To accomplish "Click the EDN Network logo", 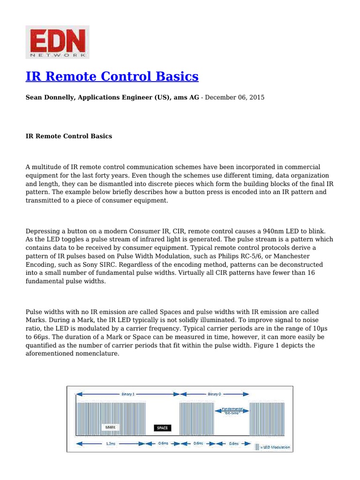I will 57,43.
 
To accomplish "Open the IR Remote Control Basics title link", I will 112,76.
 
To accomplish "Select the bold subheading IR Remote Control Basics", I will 68,136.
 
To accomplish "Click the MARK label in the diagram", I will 110,427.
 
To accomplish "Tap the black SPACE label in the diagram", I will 163,427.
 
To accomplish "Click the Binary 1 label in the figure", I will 127,394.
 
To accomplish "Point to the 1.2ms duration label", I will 111,443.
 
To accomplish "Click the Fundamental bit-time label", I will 232,411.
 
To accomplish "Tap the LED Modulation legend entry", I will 275,447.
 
